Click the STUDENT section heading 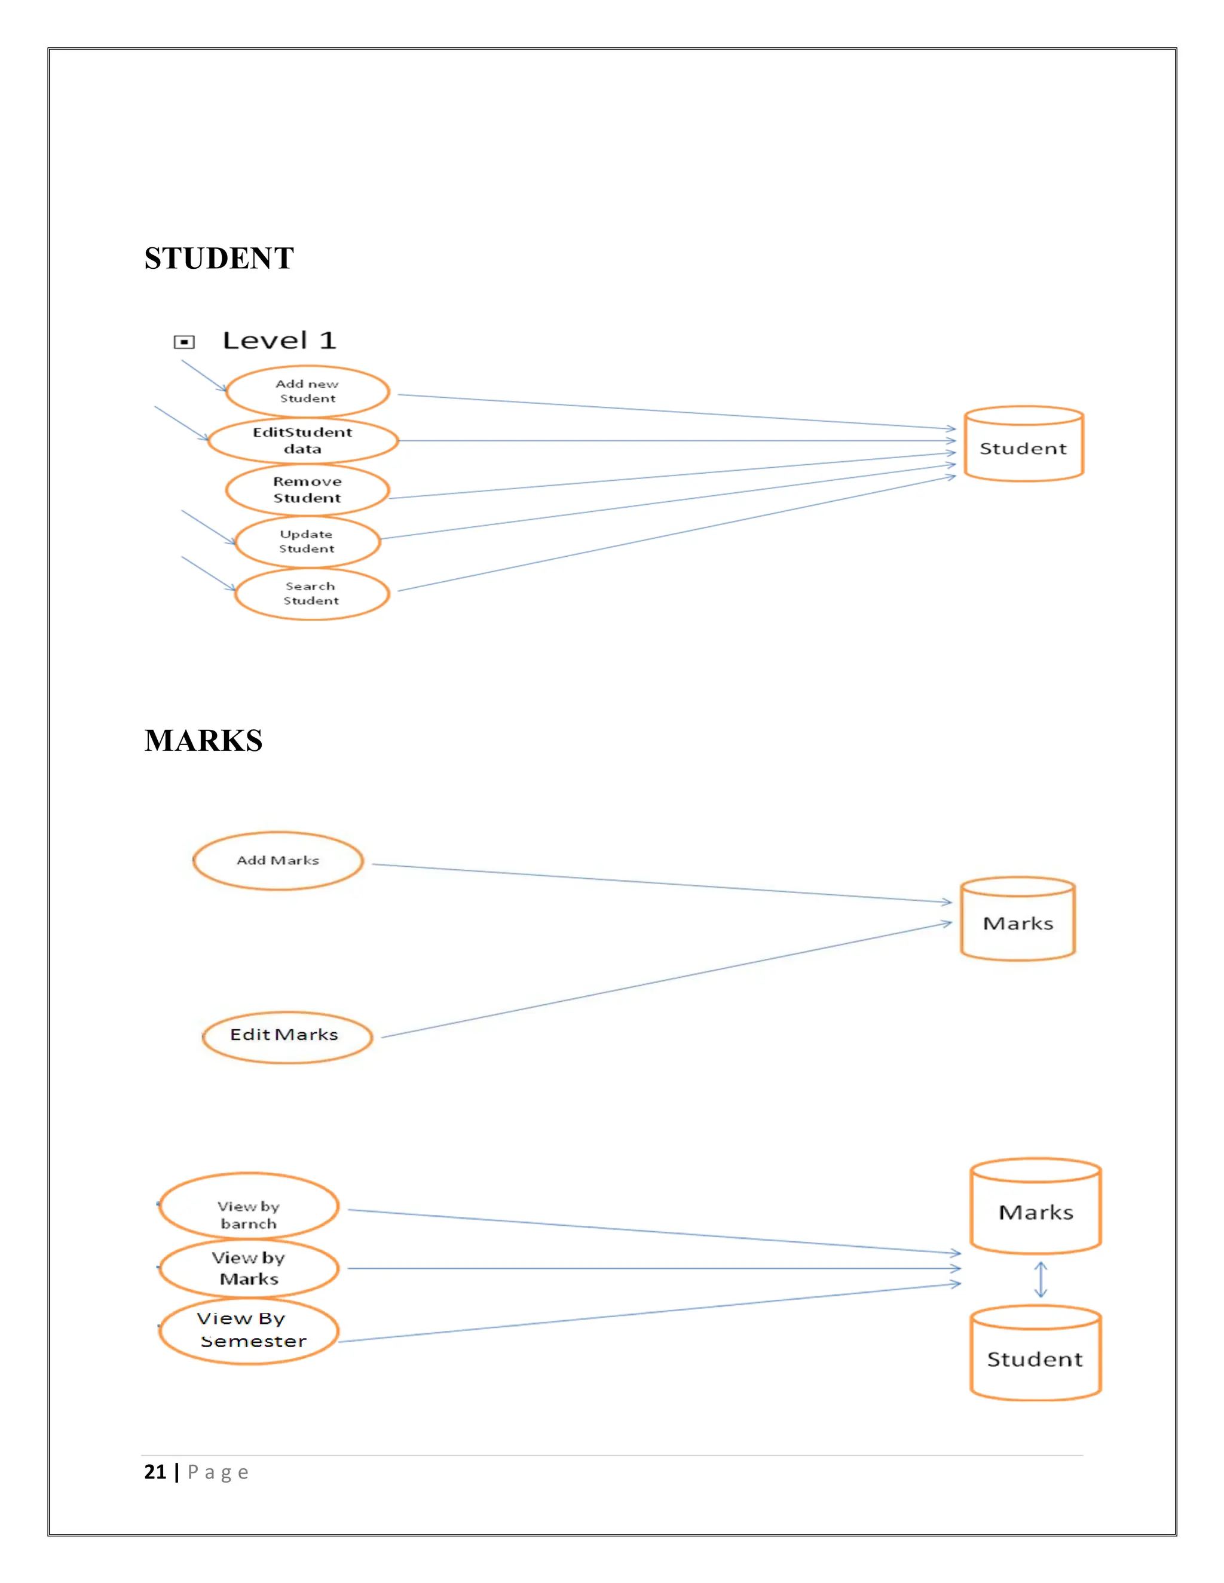(219, 258)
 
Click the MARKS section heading (203, 740)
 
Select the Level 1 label (279, 340)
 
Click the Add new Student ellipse (307, 391)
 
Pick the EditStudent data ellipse (303, 441)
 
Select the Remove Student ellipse (307, 490)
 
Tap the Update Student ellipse (307, 541)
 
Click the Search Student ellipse (312, 594)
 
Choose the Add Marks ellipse (278, 860)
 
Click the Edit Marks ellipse (286, 1036)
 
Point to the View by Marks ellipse (249, 1268)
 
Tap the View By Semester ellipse (249, 1331)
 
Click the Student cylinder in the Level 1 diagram (1023, 446)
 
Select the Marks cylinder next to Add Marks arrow (1017, 921)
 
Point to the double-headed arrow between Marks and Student (1041, 1280)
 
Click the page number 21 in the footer (155, 1472)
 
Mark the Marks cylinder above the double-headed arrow (1036, 1207)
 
